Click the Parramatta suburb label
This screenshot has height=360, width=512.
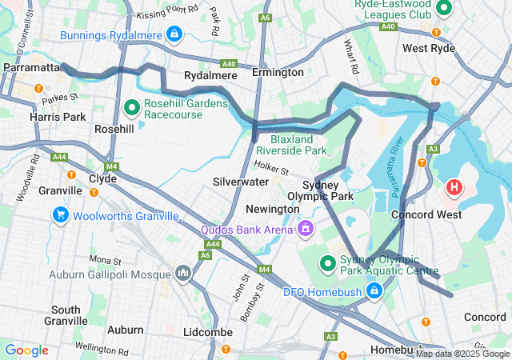point(31,67)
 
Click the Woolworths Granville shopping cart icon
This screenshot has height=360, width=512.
point(60,214)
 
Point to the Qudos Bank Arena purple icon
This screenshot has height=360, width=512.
point(304,230)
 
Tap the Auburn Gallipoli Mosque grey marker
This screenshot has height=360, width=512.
point(185,273)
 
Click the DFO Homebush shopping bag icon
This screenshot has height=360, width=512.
point(373,290)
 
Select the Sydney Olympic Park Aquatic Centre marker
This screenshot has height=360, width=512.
point(327,262)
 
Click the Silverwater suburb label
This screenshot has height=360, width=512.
point(241,182)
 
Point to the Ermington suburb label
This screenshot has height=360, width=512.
point(278,73)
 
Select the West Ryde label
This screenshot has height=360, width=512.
point(429,48)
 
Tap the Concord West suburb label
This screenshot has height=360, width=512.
point(426,214)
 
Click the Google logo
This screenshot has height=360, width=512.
point(27,350)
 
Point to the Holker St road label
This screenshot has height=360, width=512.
point(270,166)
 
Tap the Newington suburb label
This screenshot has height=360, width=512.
point(272,209)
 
